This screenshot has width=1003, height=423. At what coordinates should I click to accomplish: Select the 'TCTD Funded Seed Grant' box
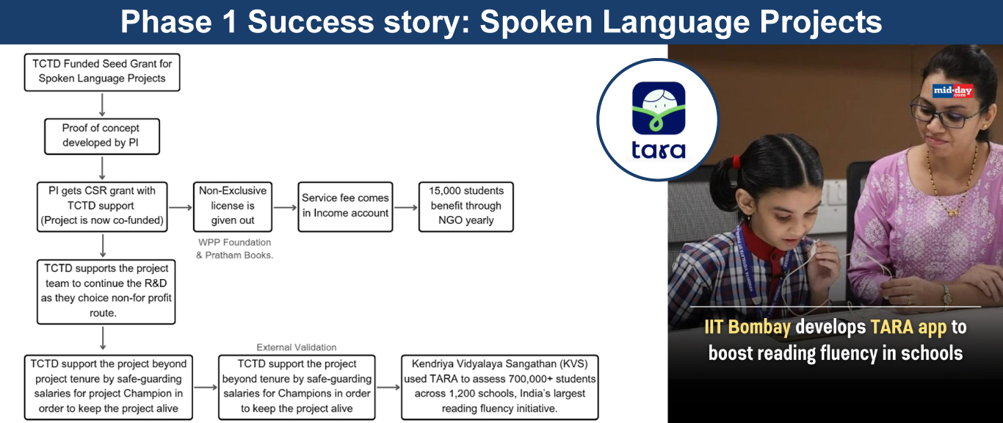102,72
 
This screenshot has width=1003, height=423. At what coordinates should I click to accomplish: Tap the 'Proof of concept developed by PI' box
102,136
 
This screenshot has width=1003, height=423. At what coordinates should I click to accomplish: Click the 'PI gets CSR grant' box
102,206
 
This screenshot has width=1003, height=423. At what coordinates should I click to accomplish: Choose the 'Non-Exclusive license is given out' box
232,206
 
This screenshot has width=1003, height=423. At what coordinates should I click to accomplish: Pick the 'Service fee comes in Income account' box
345,206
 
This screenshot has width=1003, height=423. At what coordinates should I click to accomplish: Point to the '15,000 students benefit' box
466,206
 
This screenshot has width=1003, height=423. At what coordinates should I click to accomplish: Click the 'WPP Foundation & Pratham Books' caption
234,248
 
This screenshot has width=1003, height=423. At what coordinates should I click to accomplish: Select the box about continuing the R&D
106,292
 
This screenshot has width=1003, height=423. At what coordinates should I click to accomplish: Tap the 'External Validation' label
297,347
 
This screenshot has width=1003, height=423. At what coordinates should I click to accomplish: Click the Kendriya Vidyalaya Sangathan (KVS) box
500,387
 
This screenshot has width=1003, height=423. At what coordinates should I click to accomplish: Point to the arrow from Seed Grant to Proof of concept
102,105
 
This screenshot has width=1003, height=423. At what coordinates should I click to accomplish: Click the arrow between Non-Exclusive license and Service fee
285,207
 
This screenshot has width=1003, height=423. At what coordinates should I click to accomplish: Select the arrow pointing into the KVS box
388,387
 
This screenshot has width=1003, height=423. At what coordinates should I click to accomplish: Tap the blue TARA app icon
658,108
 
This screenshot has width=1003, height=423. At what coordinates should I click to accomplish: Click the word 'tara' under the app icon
658,151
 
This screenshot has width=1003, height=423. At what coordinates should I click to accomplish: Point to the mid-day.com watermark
953,91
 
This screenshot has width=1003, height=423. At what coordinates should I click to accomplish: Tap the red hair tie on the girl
736,162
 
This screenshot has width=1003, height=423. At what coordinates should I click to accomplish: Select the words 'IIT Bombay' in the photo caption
747,327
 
